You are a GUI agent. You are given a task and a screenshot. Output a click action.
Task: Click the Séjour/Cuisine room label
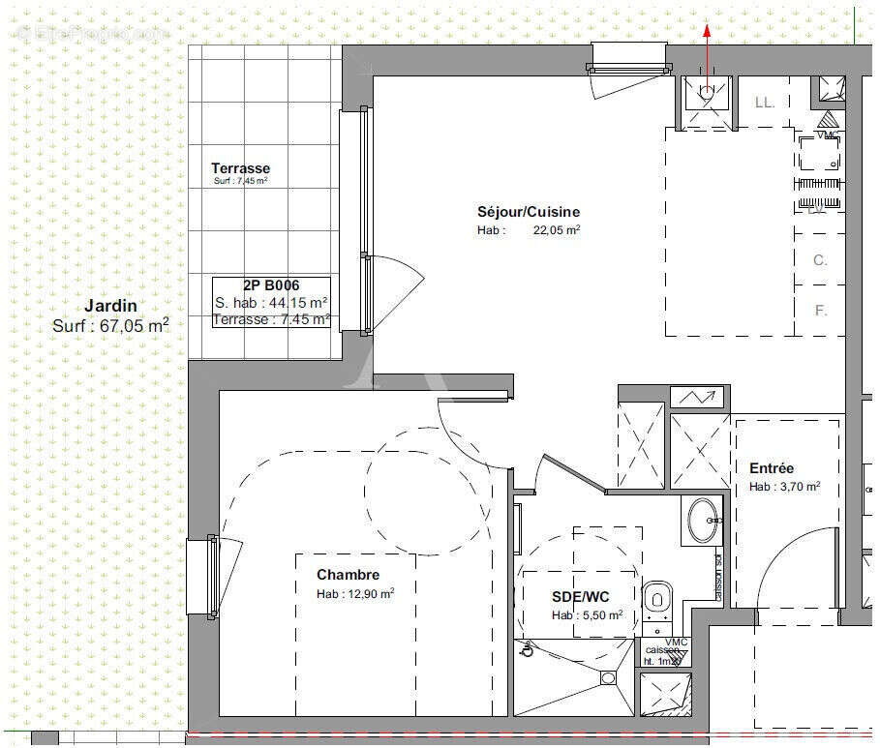528,212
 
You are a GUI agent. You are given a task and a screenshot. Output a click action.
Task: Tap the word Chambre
349,575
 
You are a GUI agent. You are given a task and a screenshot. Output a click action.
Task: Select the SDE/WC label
580,597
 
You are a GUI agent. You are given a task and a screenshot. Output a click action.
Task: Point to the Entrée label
772,468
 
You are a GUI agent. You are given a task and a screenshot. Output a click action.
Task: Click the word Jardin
110,307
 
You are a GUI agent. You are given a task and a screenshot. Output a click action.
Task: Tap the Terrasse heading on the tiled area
240,168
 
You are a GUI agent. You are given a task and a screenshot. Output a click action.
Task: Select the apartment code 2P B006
271,285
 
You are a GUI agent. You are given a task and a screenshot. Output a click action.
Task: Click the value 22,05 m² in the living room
557,230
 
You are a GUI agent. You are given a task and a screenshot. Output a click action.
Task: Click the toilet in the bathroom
657,597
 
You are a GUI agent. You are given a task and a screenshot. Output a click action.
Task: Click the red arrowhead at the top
707,30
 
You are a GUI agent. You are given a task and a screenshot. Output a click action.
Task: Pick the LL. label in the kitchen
765,102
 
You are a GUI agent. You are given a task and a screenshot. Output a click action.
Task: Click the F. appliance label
821,311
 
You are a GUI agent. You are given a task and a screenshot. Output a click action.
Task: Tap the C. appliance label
820,260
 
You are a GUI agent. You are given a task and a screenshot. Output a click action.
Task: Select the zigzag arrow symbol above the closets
698,397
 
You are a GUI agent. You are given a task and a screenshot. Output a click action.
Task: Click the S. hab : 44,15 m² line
271,303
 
